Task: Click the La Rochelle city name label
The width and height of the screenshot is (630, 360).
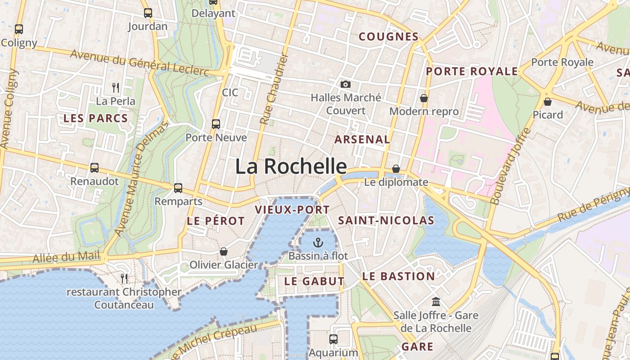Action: [291, 166]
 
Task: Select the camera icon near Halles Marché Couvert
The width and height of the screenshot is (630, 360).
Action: [346, 84]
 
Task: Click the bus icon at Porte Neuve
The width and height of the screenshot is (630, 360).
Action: [216, 124]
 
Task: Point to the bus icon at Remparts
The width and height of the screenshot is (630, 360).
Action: [178, 188]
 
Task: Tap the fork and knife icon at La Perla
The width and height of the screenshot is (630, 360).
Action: [116, 87]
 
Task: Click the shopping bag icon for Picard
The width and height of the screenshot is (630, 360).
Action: [548, 102]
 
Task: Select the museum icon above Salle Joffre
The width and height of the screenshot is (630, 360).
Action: [436, 301]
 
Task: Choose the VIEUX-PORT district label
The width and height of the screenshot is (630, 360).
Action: [292, 210]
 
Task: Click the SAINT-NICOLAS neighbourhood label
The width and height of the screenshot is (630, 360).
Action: [386, 220]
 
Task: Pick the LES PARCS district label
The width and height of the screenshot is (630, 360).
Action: [95, 118]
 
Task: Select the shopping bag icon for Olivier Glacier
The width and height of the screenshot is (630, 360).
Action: [224, 252]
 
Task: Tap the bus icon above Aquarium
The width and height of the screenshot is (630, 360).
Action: [333, 339]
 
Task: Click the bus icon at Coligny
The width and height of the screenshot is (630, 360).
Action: [18, 29]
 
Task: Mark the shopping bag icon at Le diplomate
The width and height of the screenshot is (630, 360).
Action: [396, 169]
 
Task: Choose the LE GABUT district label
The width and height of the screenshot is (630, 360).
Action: [314, 281]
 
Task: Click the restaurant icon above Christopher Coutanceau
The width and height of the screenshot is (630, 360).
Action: [124, 279]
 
